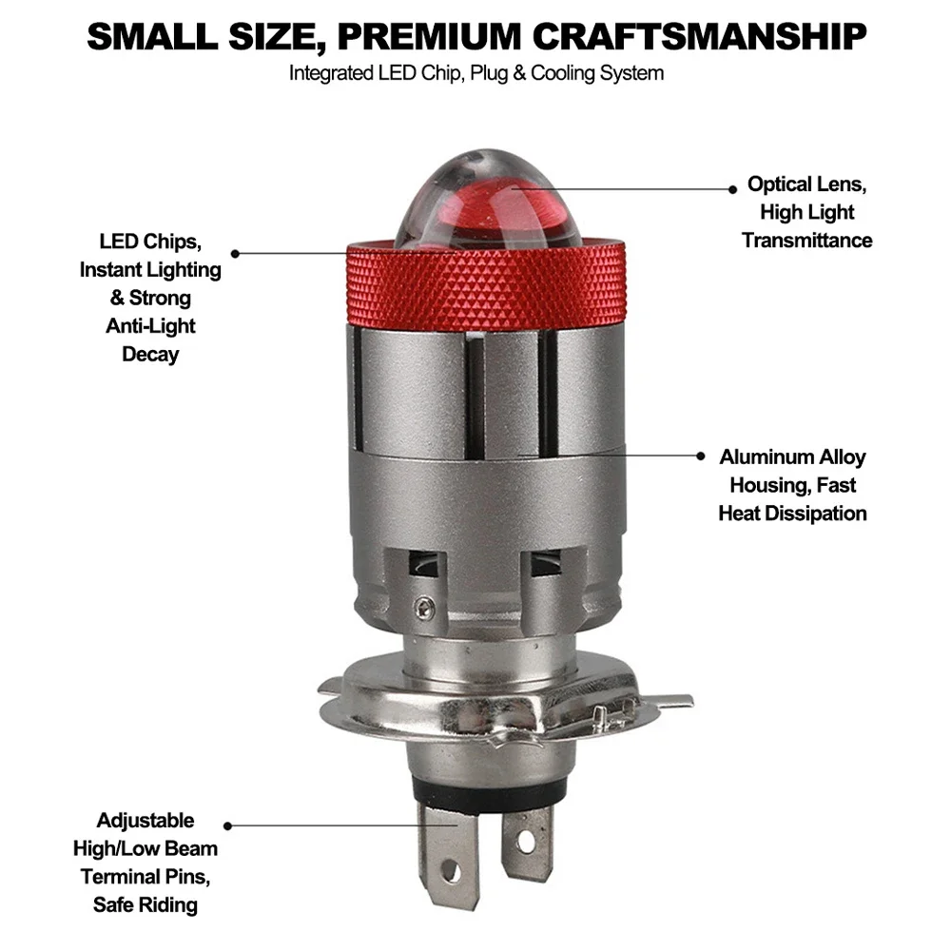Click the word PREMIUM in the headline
tap(429, 36)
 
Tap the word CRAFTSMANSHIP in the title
tap(699, 36)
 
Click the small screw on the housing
tap(424, 607)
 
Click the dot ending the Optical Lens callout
tap(732, 189)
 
